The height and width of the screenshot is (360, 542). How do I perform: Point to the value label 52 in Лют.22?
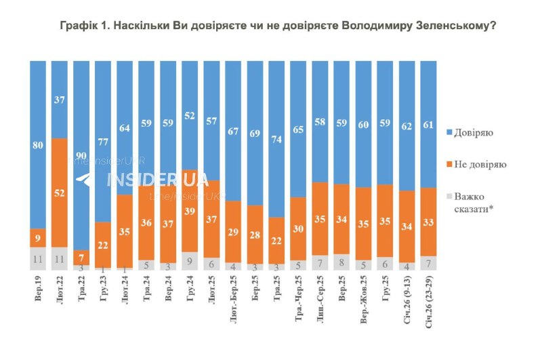[x=60, y=193]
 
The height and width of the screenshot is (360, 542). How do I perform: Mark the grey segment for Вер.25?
[x=341, y=262]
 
